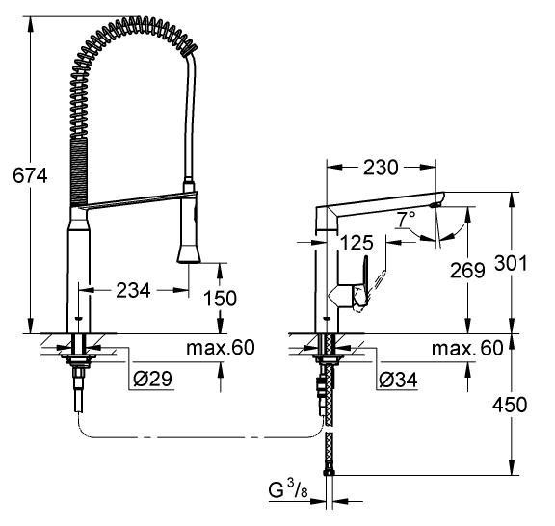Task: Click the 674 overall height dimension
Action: pos(30,175)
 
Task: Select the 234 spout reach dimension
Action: pos(133,291)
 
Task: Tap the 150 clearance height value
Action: pos(220,299)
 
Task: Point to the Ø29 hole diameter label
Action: pos(152,380)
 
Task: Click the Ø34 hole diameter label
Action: pos(398,381)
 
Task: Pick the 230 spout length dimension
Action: pos(381,168)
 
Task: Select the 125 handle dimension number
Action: pos(357,243)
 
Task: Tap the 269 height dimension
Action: pos(467,271)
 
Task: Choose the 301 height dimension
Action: pos(511,263)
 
